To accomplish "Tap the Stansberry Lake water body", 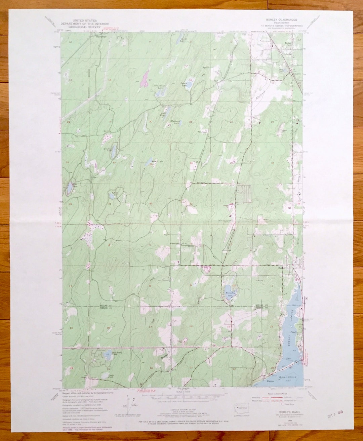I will tap(108, 355).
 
